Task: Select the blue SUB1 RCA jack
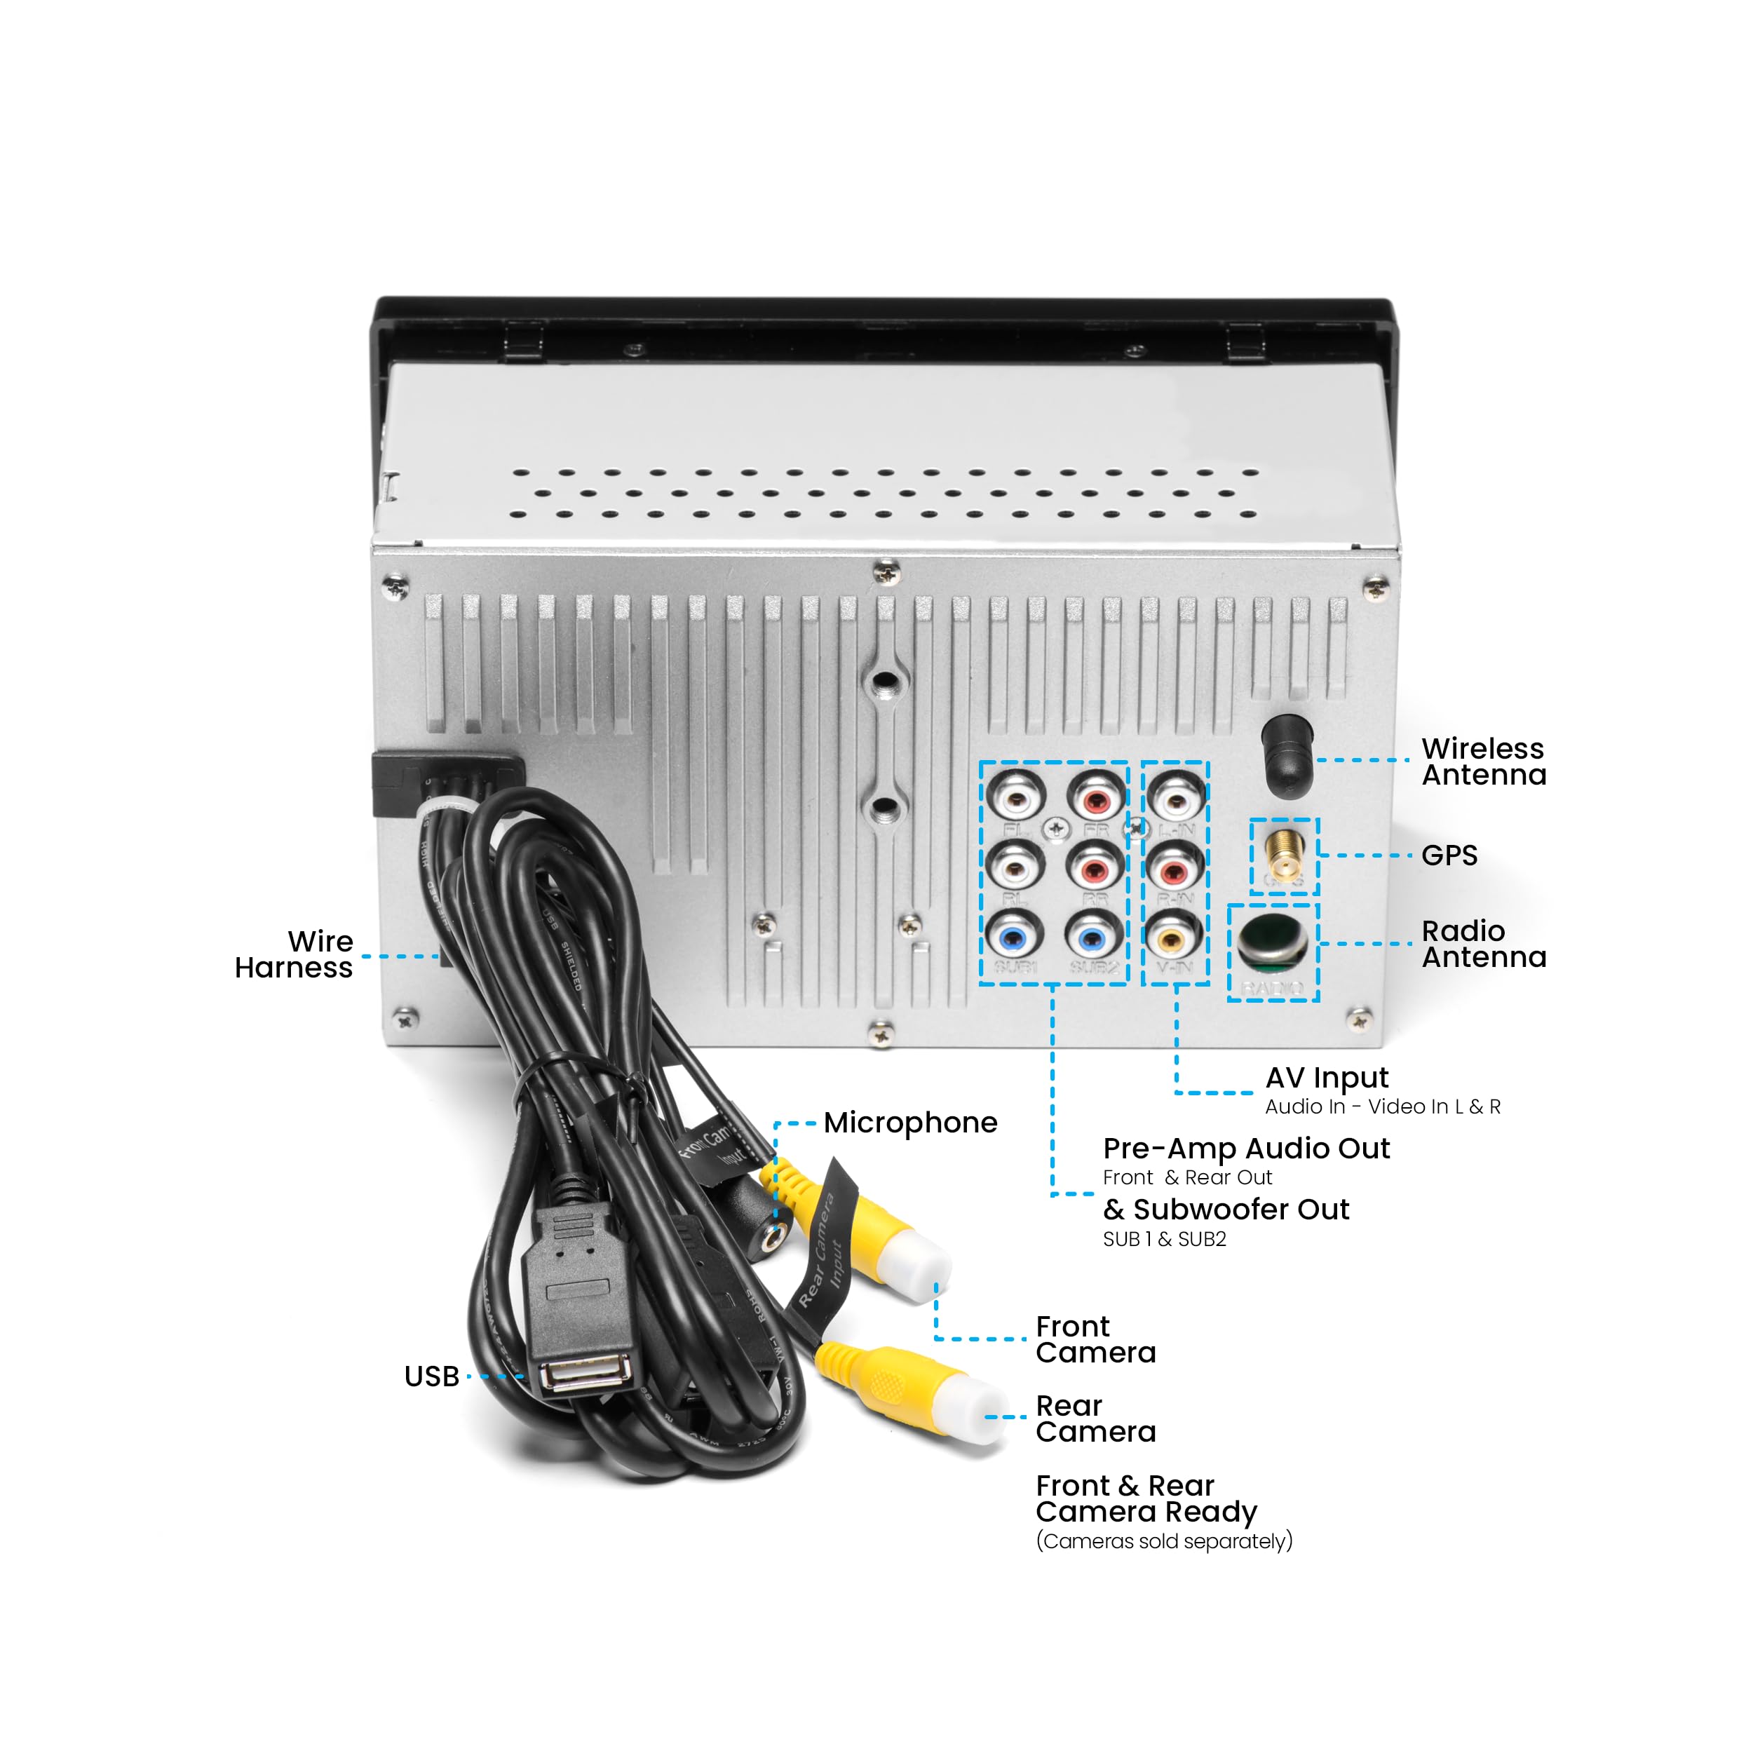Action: tap(1013, 935)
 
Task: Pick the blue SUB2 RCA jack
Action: tap(1093, 935)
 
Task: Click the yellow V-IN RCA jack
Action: tap(1173, 935)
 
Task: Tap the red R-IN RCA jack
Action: tap(1173, 868)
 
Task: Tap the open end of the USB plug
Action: tap(586, 1372)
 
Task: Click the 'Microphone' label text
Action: tap(910, 1123)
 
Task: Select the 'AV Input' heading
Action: tap(1327, 1078)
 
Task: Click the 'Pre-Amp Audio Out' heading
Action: tap(1246, 1149)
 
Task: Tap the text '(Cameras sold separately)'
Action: tap(1164, 1541)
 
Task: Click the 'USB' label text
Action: tap(432, 1376)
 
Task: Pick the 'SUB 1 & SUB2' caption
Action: tap(1164, 1240)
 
